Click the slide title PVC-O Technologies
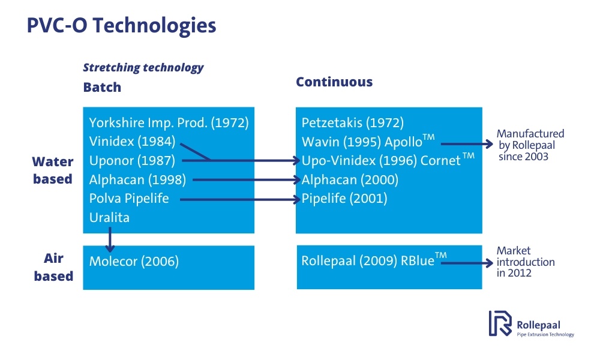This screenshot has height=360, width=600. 121,26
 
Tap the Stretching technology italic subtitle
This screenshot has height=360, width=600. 143,67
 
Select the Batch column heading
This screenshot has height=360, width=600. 102,87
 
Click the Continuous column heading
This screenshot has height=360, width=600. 334,82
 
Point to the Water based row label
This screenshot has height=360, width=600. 53,170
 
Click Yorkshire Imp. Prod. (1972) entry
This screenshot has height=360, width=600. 169,123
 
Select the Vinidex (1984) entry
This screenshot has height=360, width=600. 132,142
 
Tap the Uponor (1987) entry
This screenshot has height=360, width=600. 132,161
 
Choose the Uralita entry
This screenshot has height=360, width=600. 109,217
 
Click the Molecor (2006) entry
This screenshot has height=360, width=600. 134,261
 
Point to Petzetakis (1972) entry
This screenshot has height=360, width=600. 352,123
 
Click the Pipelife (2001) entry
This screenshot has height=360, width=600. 344,198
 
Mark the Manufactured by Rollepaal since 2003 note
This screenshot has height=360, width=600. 530,145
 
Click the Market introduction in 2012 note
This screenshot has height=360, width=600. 525,262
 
